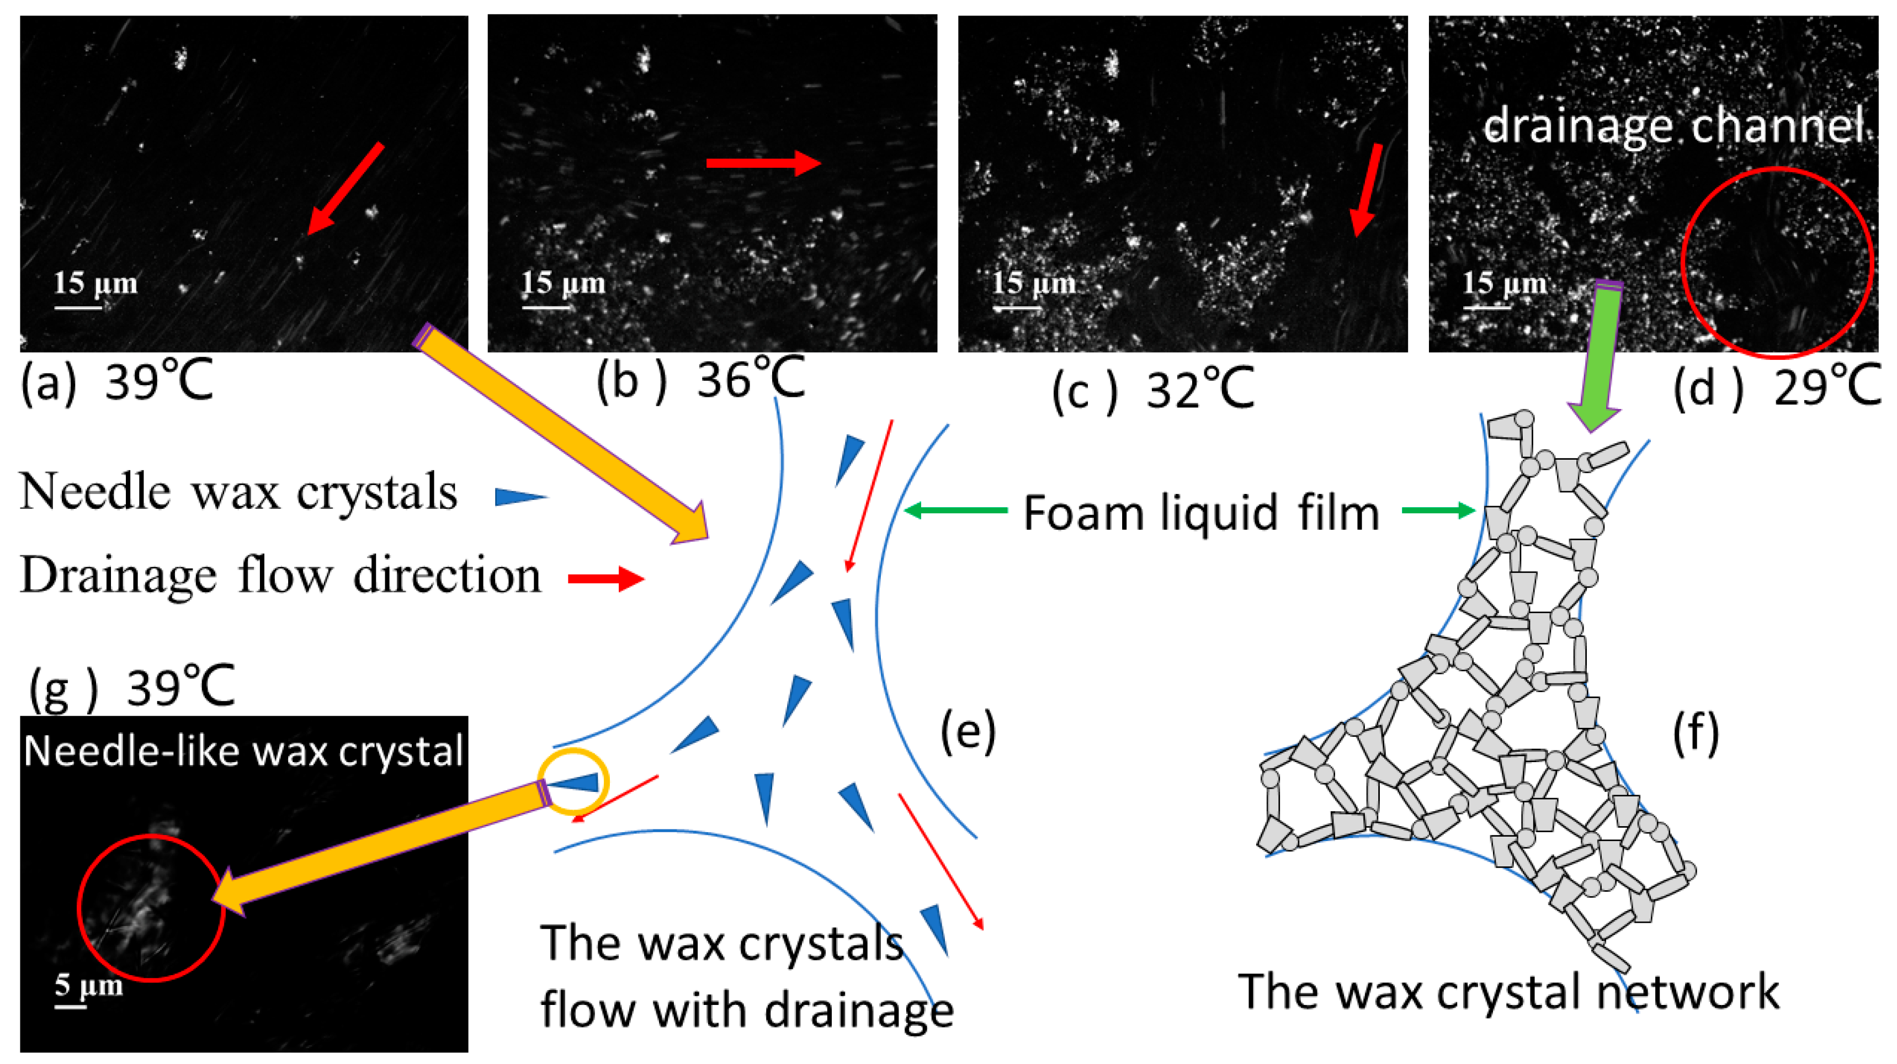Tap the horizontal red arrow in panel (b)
click(x=763, y=163)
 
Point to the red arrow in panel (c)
click(x=1366, y=190)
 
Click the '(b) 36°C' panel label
click(x=700, y=381)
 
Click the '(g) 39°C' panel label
click(x=131, y=687)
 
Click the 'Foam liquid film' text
click(x=1201, y=513)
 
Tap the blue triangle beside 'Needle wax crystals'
click(x=520, y=497)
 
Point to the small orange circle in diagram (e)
click(x=573, y=782)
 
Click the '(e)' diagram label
click(x=968, y=731)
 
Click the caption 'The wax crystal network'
click(x=1508, y=991)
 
